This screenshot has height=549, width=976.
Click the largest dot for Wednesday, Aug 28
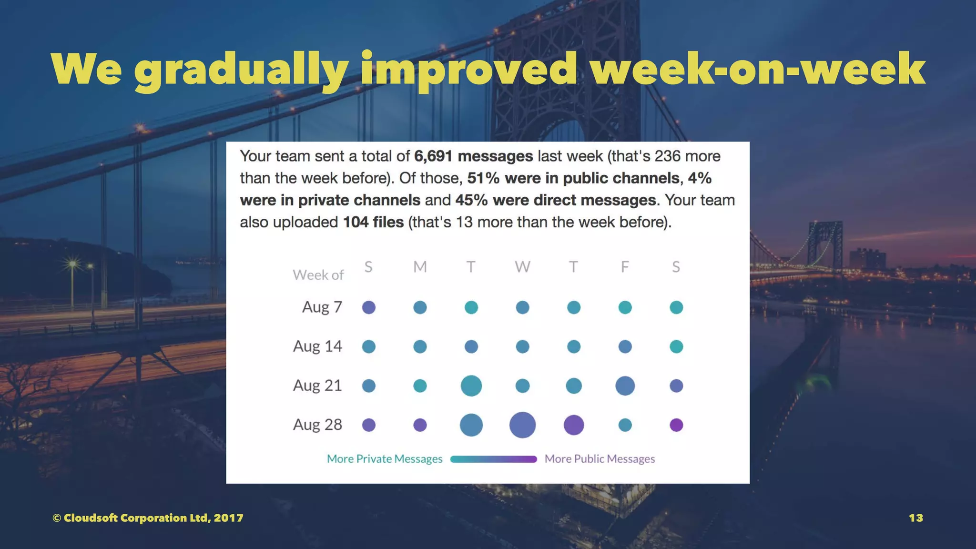522,425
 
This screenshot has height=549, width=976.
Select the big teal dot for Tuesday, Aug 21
471,386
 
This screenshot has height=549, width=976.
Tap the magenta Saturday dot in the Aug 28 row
676,425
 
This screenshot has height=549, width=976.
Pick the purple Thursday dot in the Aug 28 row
574,425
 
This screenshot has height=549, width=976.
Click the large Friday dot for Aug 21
625,386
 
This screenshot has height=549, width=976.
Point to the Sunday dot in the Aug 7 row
369,307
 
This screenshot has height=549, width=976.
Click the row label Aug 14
317,346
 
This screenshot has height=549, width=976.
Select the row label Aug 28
317,425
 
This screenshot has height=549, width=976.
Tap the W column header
522,267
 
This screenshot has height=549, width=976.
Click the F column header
625,267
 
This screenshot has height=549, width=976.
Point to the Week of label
318,275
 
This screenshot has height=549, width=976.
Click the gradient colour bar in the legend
493,459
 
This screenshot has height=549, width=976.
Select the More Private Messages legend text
385,459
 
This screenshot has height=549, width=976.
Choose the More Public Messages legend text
600,459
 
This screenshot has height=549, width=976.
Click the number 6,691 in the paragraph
433,156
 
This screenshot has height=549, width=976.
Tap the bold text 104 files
373,222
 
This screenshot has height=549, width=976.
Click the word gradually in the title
240,70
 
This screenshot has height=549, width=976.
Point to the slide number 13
915,518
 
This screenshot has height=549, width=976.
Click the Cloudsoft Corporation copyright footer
148,518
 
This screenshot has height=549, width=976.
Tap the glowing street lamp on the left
73,264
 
